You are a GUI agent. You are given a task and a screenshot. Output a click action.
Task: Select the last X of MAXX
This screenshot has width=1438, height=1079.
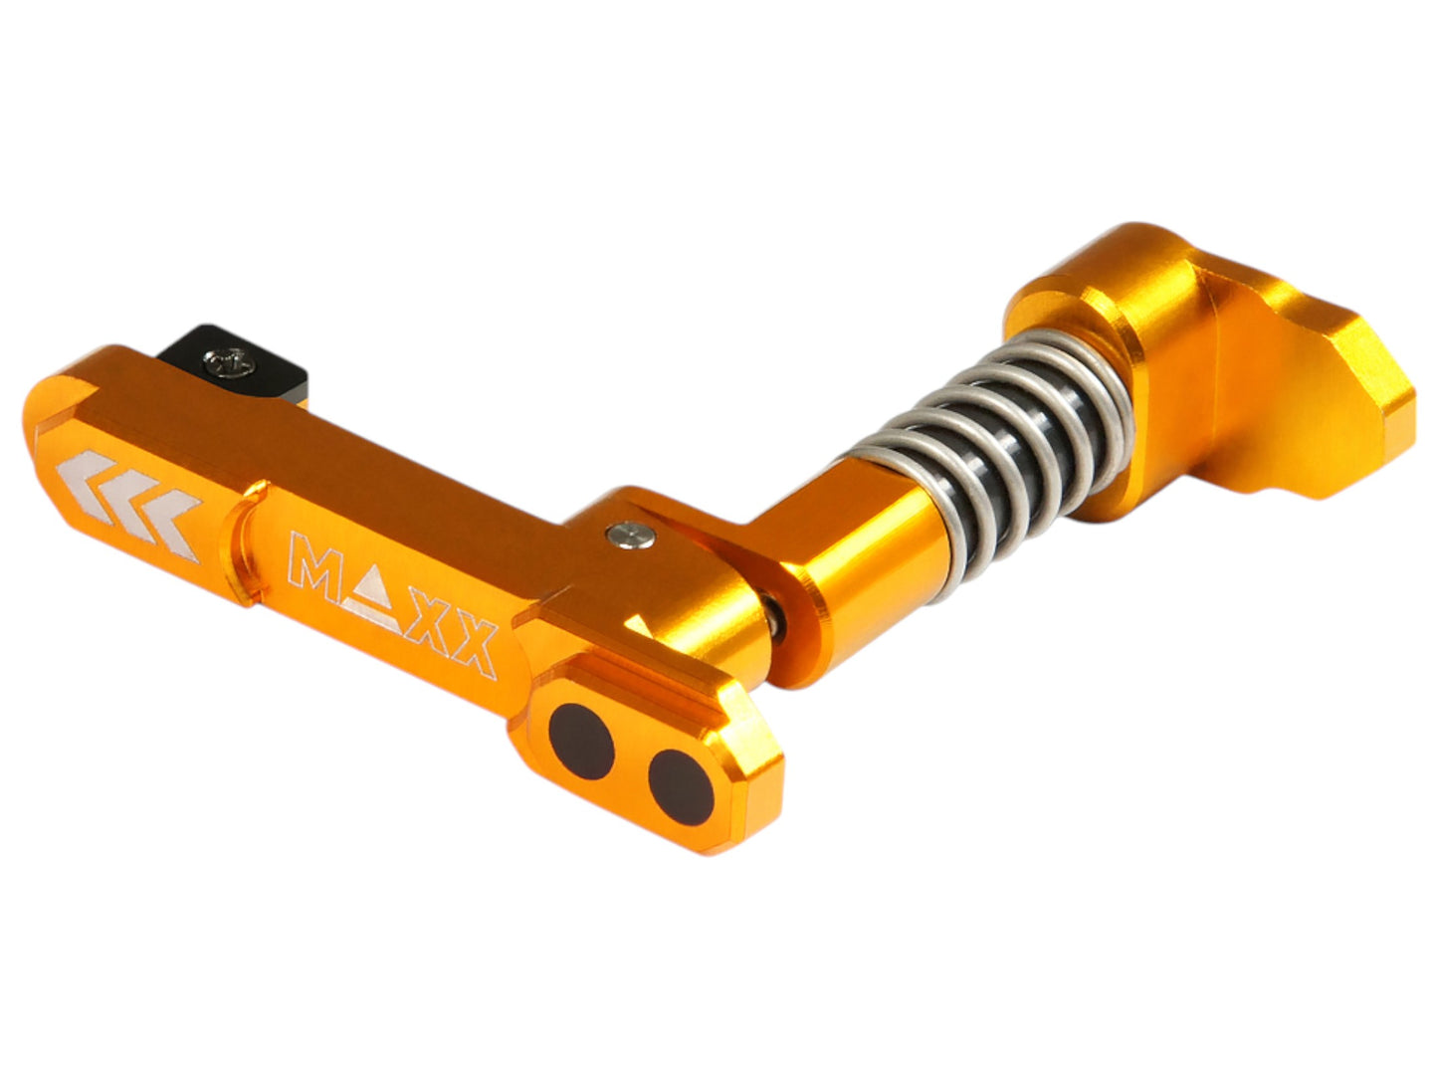[469, 647]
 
